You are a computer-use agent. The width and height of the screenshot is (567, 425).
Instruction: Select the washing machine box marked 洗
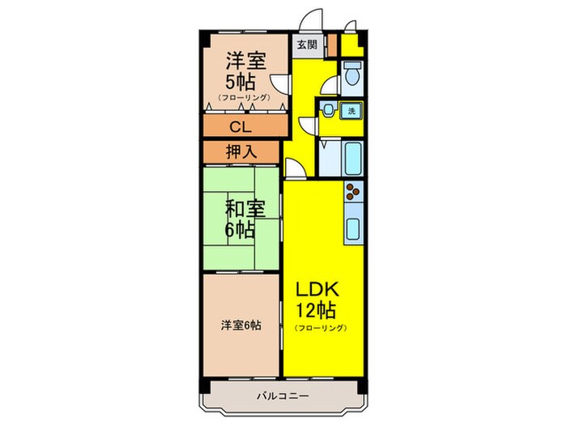[352, 110]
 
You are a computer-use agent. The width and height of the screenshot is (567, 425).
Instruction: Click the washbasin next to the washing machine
[329, 111]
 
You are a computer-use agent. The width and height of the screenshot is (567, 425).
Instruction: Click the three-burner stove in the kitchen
[352, 192]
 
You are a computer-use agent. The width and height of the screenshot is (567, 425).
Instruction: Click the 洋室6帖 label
[241, 325]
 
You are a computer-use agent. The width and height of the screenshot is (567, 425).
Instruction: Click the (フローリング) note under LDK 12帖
[321, 328]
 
